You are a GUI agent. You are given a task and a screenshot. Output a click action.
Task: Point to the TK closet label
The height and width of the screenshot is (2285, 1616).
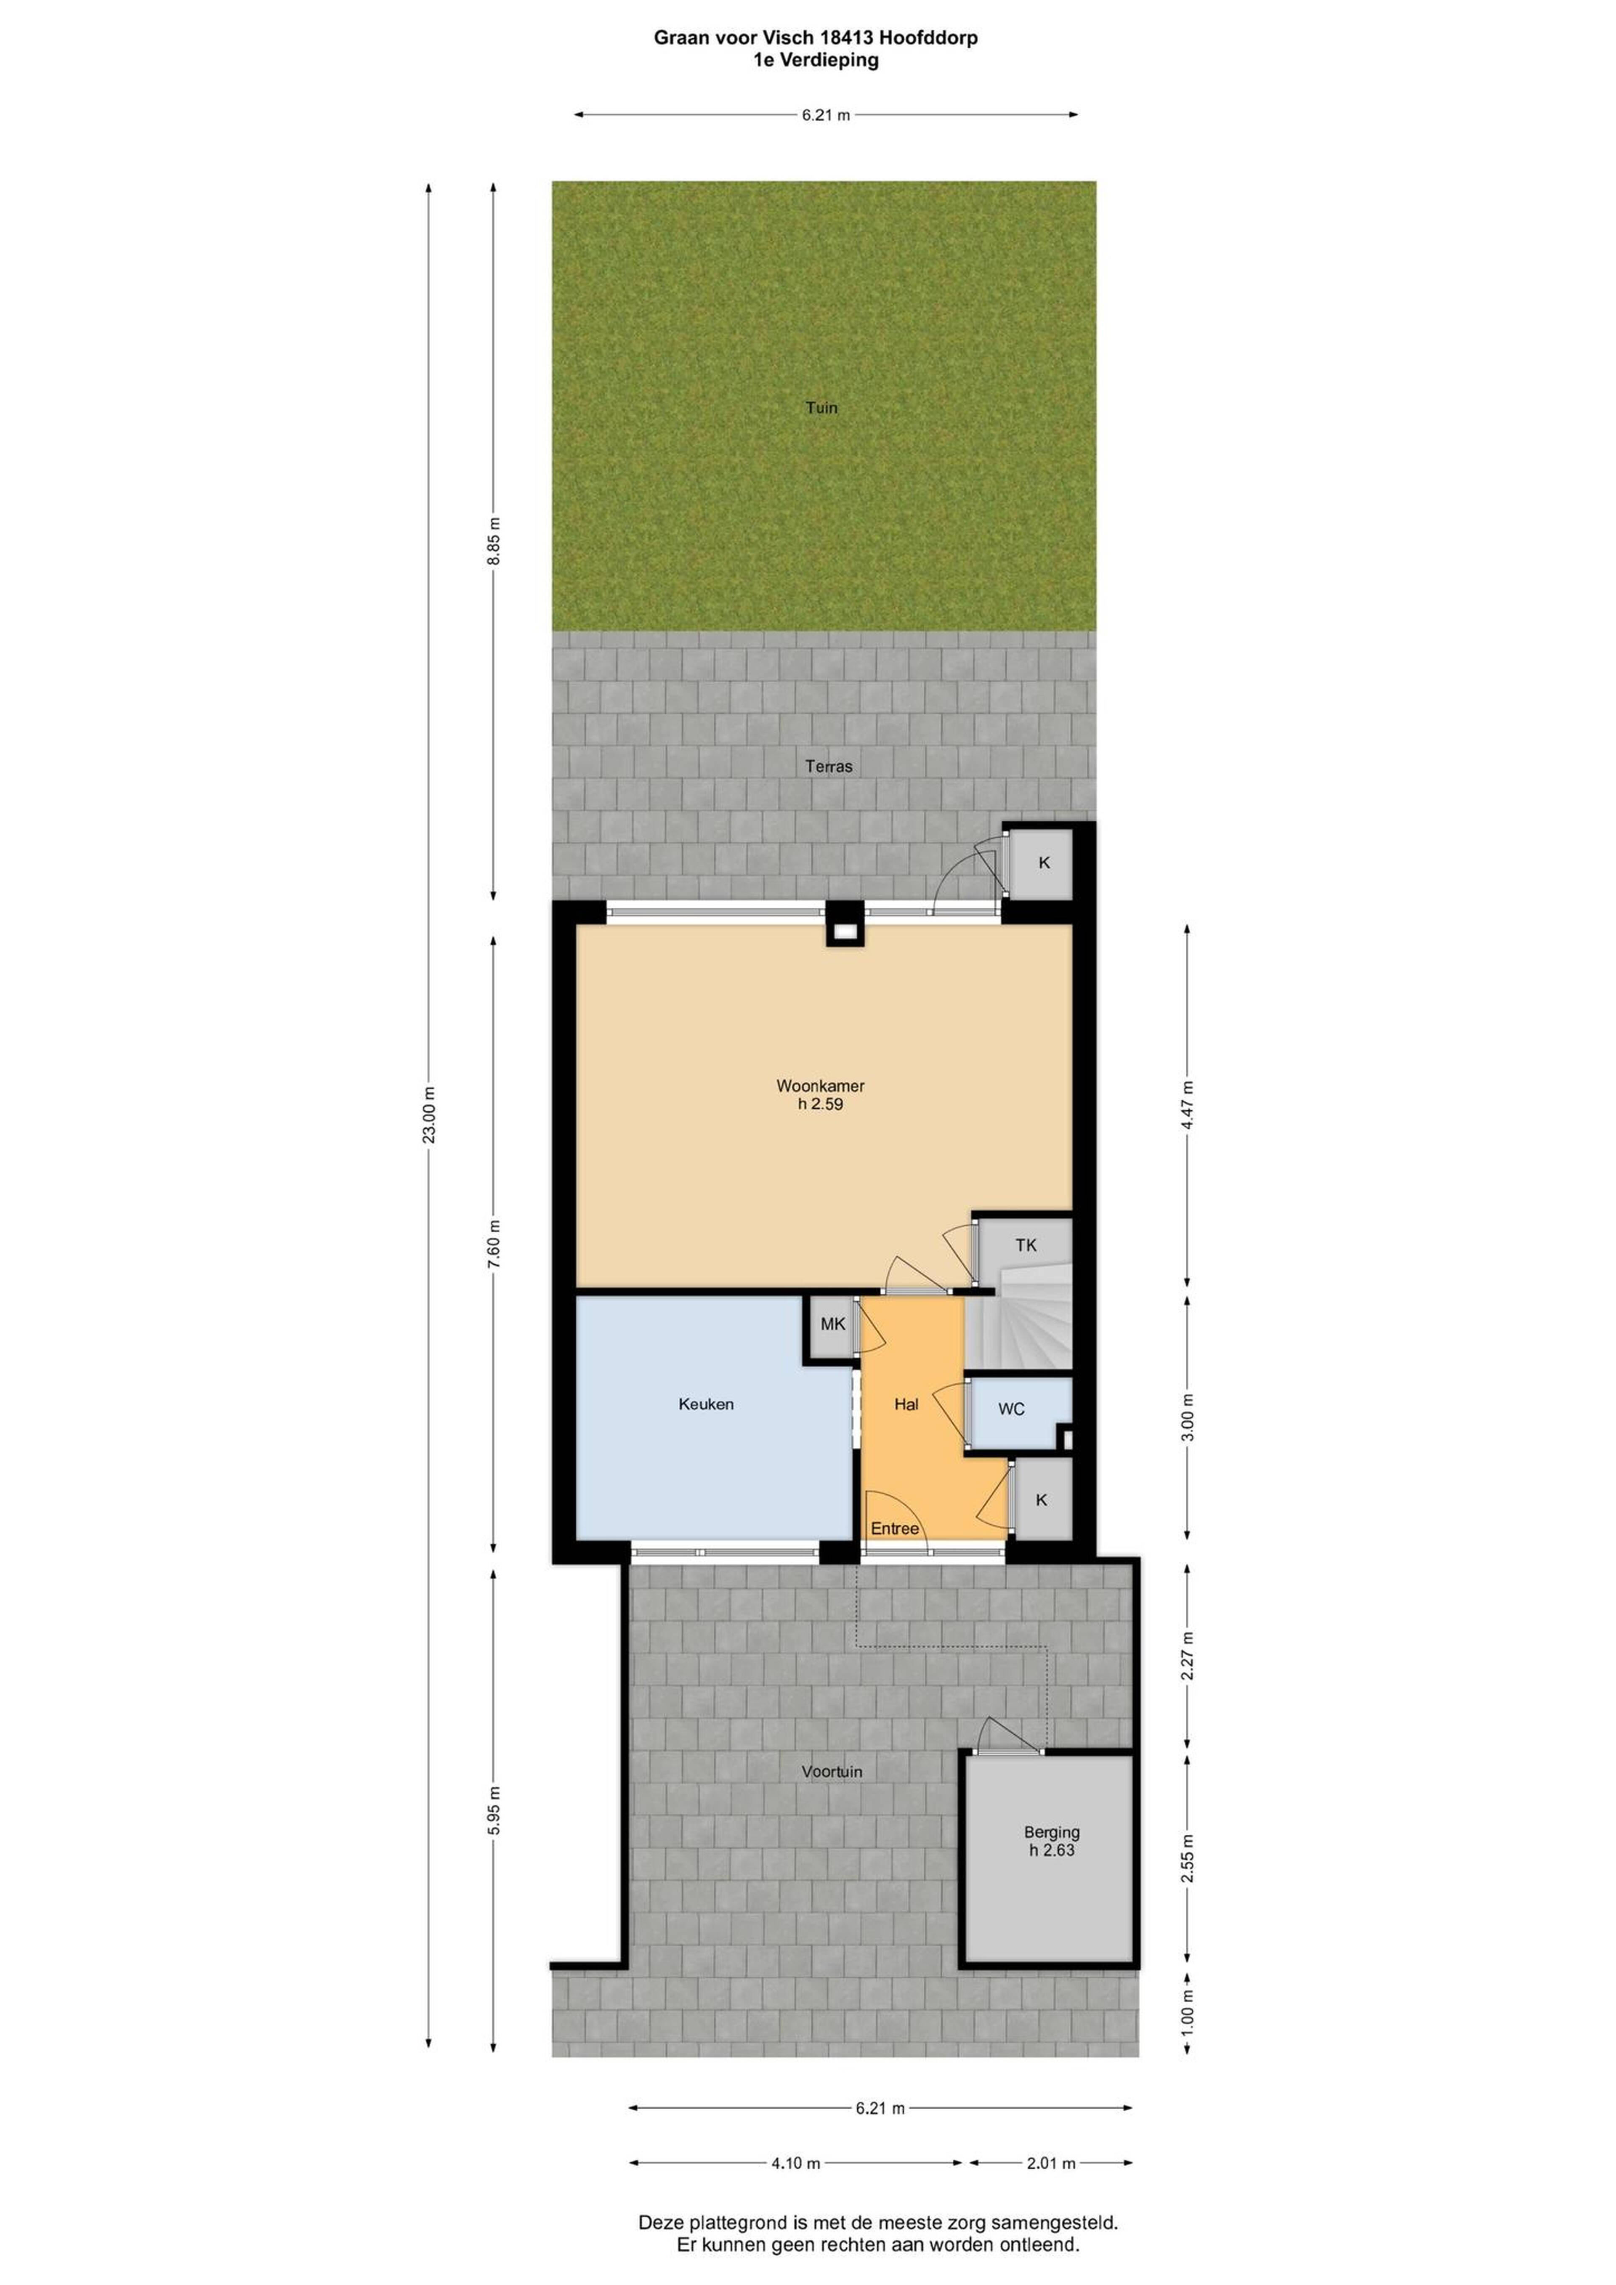tap(1026, 1245)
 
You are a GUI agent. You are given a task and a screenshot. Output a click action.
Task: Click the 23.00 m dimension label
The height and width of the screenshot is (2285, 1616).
tap(429, 1115)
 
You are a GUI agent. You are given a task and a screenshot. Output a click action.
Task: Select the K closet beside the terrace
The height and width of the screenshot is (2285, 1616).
tap(1042, 863)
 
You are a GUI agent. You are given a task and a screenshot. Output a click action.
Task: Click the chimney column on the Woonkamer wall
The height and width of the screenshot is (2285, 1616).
tap(844, 924)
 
